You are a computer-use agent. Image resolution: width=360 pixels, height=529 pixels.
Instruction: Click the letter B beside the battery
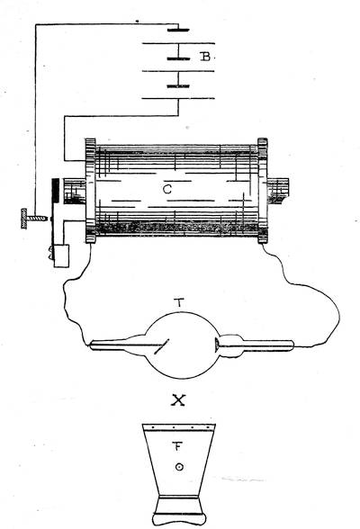pos(205,57)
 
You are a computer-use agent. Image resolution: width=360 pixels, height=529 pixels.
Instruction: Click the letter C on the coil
pos(167,190)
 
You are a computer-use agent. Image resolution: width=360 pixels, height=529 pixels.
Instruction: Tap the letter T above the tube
pos(180,303)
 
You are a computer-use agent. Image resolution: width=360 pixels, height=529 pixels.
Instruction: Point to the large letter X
pos(178,400)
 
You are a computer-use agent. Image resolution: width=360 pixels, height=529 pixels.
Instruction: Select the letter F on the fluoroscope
pos(178,446)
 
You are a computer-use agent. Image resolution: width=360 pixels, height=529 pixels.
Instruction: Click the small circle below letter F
pos(179,467)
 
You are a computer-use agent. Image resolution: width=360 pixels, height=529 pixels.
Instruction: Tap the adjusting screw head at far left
pos(24,219)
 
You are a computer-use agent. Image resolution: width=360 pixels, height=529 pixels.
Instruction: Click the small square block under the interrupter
pos(61,256)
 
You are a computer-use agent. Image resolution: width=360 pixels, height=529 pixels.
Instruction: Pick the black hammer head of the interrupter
pos(55,191)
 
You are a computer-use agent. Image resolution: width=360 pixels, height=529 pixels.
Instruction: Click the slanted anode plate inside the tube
pos(162,346)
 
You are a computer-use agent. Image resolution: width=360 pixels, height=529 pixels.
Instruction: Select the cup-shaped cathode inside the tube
pos(218,345)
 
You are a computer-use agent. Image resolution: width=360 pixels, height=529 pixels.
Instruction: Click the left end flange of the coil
pos(91,191)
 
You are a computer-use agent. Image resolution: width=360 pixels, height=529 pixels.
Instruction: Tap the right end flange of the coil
pos(263,191)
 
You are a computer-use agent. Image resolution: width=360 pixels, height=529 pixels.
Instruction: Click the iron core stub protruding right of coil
pos(278,191)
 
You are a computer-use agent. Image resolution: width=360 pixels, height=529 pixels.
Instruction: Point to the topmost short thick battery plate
pos(178,30)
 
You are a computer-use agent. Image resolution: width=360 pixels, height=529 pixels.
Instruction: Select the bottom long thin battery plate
pos(178,99)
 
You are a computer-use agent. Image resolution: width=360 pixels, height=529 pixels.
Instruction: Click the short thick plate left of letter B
pos(178,58)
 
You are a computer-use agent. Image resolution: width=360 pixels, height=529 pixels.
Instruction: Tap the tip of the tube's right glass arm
pos(292,345)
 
